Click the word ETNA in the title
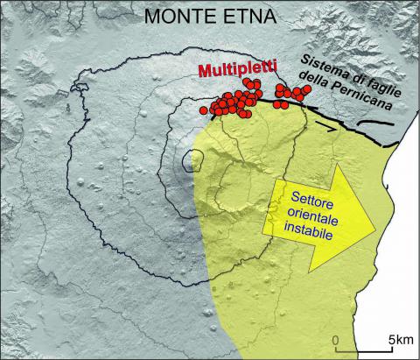coord(242,16)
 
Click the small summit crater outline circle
coord(193,160)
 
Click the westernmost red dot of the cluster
coord(204,110)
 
